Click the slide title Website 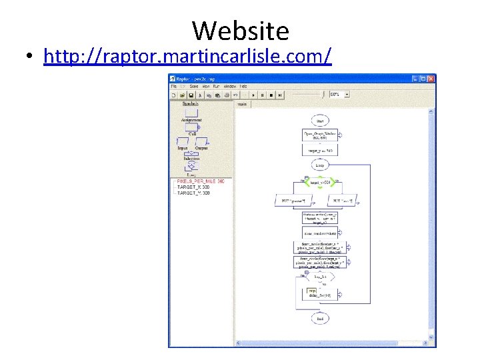pos(241,31)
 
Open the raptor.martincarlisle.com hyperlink pos(187,57)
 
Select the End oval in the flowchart pos(320,319)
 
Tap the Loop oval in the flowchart pos(320,165)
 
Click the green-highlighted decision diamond pos(321,182)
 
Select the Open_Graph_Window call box pos(320,135)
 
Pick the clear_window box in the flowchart pos(320,233)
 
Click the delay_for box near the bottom pos(320,293)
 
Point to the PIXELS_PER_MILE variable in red pos(201,181)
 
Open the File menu pos(174,86)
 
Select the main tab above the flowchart pos(243,104)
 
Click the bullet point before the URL pos(30,57)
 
